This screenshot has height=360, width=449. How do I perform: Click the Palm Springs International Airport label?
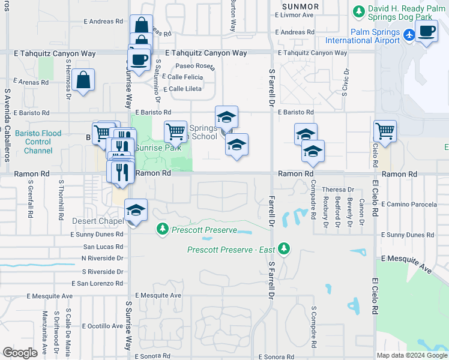click(x=363, y=36)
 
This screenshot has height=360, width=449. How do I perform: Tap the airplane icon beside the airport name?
click(x=409, y=35)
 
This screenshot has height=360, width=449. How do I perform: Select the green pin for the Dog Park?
click(x=358, y=11)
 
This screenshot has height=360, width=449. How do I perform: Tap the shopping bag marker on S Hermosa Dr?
click(x=84, y=80)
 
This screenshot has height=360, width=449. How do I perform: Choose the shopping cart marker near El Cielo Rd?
click(x=385, y=130)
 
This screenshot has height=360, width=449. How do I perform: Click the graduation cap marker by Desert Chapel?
click(x=136, y=211)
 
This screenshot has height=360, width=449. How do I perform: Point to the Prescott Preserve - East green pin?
click(x=287, y=248)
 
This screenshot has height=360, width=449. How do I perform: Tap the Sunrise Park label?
click(x=158, y=148)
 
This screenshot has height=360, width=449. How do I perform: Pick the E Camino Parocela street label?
click(x=414, y=205)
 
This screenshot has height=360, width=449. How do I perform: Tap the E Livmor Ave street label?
click(x=294, y=15)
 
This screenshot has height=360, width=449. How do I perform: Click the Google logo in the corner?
click(x=20, y=353)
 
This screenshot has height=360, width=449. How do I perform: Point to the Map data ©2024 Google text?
click(x=411, y=355)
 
